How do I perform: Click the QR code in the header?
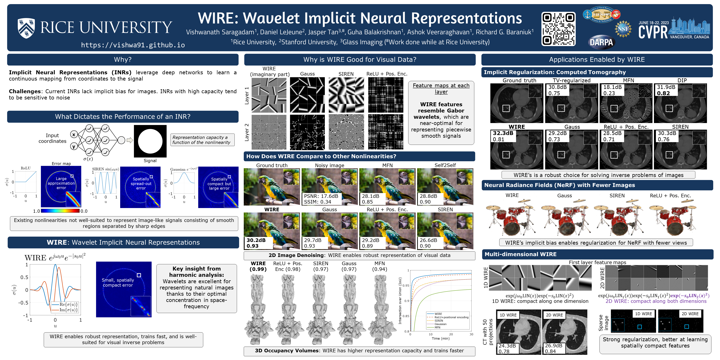(x=558, y=29)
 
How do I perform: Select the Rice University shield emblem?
(x=26, y=28)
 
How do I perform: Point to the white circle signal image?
(x=150, y=141)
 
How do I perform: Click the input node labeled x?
(x=74, y=135)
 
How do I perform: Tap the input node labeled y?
(x=74, y=146)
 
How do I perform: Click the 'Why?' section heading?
(x=123, y=59)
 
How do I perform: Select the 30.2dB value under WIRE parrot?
(x=256, y=240)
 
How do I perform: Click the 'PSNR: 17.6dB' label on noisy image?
(x=321, y=196)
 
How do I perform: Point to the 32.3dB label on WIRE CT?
(x=503, y=133)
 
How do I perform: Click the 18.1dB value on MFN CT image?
(x=612, y=87)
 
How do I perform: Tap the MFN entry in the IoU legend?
(x=437, y=327)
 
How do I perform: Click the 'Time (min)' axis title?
(x=441, y=338)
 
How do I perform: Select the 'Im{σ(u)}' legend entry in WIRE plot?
(x=68, y=310)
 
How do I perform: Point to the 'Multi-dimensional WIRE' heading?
(x=520, y=254)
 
